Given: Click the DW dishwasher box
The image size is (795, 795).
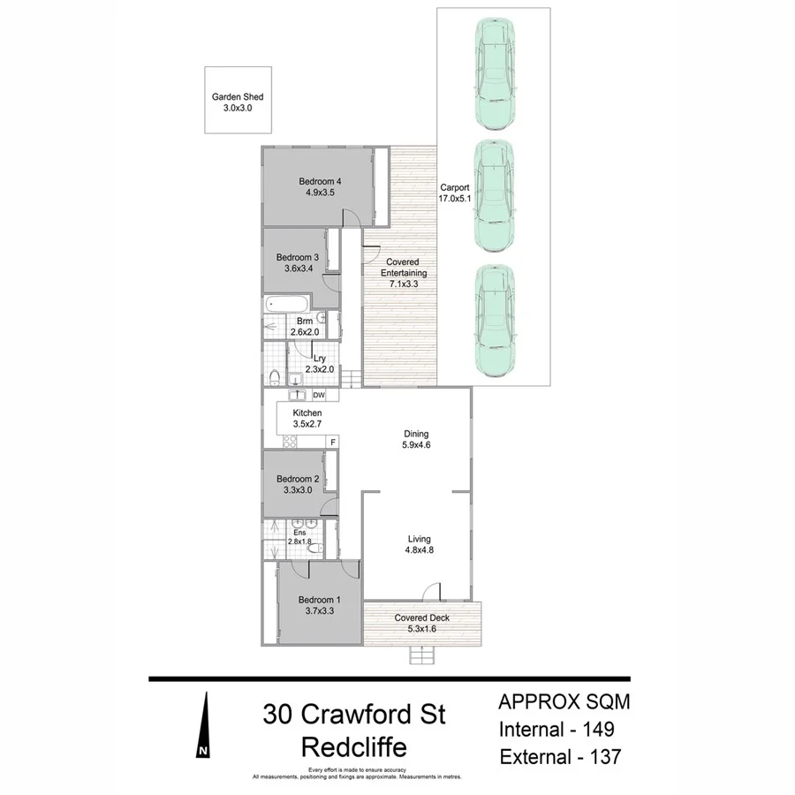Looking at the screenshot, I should (319, 395).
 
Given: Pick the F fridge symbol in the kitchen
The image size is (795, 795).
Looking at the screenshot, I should (333, 442).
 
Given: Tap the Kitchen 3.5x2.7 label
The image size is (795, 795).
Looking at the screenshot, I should (308, 419).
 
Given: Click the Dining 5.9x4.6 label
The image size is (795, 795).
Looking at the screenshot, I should (416, 440).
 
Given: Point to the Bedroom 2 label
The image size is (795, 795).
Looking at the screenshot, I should (296, 485).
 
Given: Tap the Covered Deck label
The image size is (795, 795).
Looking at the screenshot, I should (422, 624).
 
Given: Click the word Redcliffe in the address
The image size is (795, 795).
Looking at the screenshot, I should (354, 747).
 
